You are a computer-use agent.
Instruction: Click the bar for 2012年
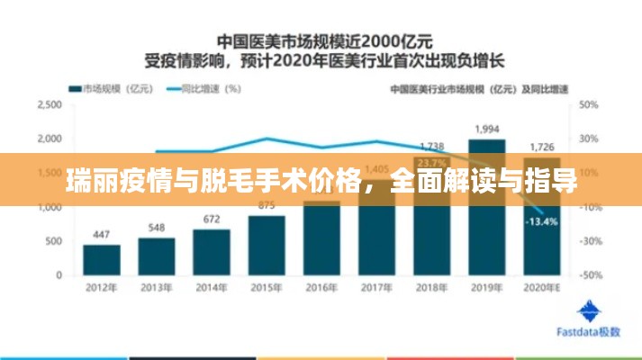pyautogui.click(x=102, y=259)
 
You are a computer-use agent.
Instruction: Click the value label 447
pyautogui.click(x=102, y=235)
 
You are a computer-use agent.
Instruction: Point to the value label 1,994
pyautogui.click(x=487, y=130)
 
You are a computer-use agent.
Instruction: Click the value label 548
pyautogui.click(x=157, y=228)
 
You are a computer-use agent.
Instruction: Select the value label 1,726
pyautogui.click(x=542, y=146)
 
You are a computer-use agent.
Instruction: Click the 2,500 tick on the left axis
pyautogui.click(x=50, y=104)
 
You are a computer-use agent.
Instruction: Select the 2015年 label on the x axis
pyautogui.click(x=266, y=288)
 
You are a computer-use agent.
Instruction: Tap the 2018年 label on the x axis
pyautogui.click(x=431, y=288)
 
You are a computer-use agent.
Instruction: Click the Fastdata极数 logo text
pyautogui.click(x=589, y=331)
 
